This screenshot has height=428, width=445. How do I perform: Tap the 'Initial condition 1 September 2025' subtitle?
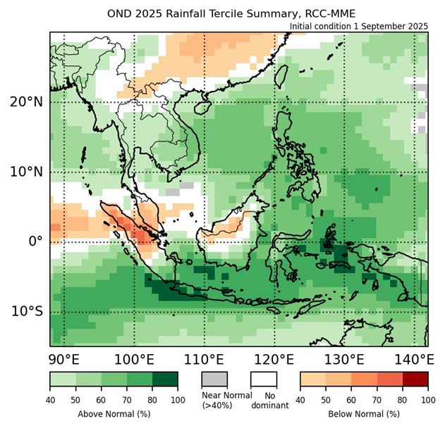click(x=359, y=26)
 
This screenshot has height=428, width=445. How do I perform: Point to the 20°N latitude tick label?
click(x=27, y=101)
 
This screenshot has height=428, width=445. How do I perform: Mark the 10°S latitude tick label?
click(x=27, y=311)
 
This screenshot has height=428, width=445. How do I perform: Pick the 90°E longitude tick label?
click(x=65, y=360)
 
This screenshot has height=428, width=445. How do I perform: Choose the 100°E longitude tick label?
click(x=135, y=360)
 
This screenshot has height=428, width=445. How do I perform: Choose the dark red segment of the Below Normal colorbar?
click(x=415, y=379)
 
